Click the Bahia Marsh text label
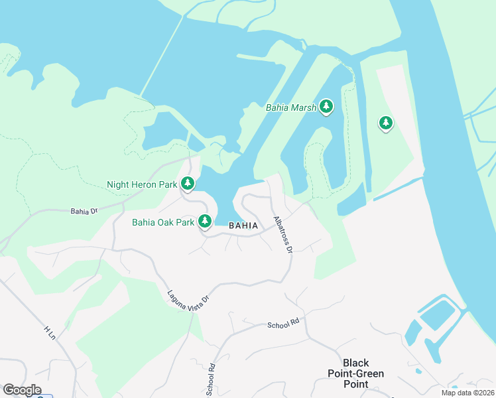pyautogui.click(x=290, y=107)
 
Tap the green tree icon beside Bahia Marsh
pyautogui.click(x=326, y=106)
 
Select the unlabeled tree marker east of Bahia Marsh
pyautogui.click(x=386, y=123)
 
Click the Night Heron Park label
pyautogui.click(x=142, y=184)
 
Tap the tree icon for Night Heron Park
pyautogui.click(x=188, y=183)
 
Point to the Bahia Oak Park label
pyautogui.click(x=163, y=222)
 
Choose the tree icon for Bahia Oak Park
pyautogui.click(x=206, y=221)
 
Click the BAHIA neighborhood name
pyautogui.click(x=243, y=226)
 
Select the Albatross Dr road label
pyautogui.click(x=283, y=235)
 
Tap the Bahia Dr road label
pyautogui.click(x=84, y=212)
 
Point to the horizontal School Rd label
pyautogui.click(x=284, y=324)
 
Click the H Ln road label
pyautogui.click(x=50, y=333)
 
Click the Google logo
pyautogui.click(x=22, y=390)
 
